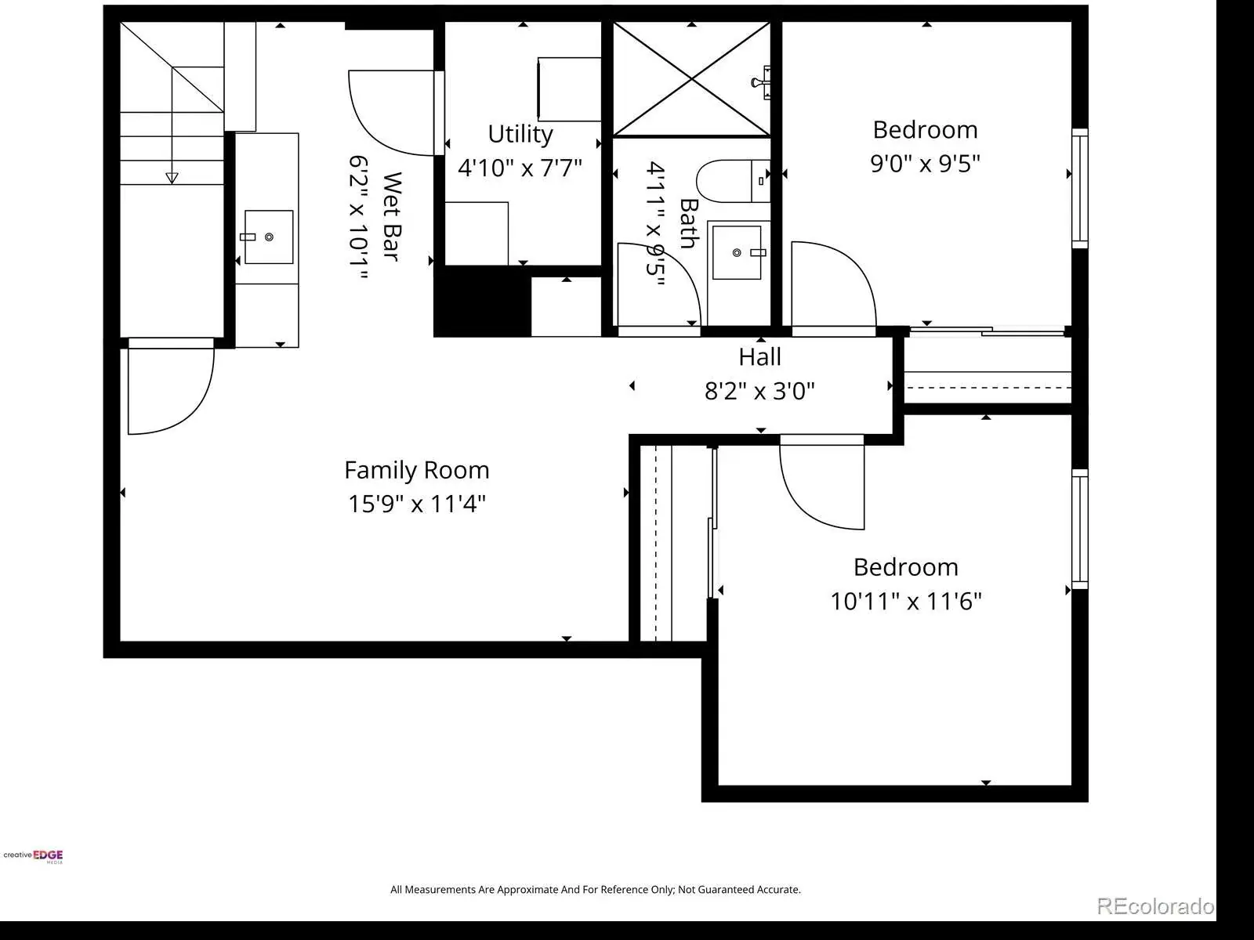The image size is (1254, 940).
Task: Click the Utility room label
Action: (x=520, y=135)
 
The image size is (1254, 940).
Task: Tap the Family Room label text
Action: (x=416, y=470)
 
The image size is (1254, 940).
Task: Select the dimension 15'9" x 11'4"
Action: (x=416, y=504)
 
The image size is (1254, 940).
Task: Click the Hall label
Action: (x=759, y=357)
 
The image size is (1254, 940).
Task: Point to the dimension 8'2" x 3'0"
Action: (x=759, y=391)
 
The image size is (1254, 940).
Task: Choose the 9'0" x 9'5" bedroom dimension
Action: (x=925, y=163)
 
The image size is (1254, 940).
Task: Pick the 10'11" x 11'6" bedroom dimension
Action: (x=905, y=601)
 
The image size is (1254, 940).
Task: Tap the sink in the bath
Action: (x=737, y=252)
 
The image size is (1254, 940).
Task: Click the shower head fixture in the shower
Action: (x=762, y=83)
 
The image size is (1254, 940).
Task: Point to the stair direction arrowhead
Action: (x=172, y=178)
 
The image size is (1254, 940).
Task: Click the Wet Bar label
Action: (x=391, y=217)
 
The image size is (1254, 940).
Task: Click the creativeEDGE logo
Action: (x=33, y=855)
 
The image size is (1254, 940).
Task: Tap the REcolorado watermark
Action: (x=1155, y=906)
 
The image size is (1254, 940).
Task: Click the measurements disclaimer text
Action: (x=596, y=889)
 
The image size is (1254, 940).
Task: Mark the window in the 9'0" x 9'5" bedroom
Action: (x=1079, y=188)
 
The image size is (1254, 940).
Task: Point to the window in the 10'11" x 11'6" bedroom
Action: (x=1079, y=529)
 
